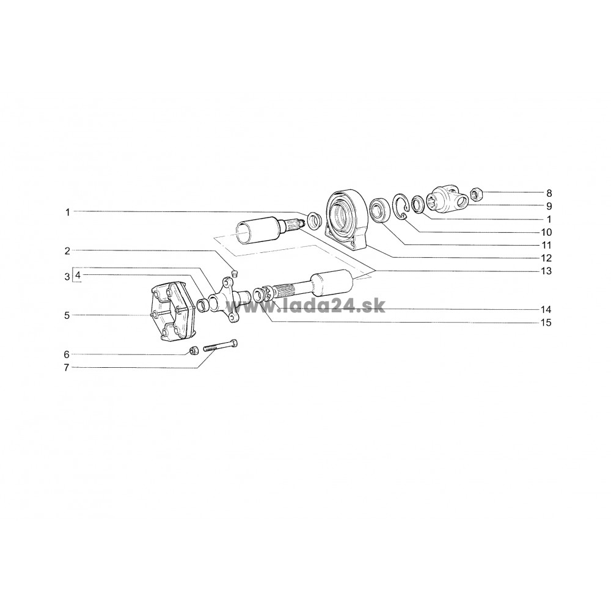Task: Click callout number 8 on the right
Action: tap(549, 193)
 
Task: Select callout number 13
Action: tap(546, 271)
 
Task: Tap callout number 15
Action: tap(546, 323)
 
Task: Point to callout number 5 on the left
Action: tap(67, 315)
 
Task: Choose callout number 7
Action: tap(67, 367)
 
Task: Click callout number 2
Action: tap(67, 251)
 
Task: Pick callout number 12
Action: tap(546, 258)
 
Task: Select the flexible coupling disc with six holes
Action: tap(173, 312)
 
